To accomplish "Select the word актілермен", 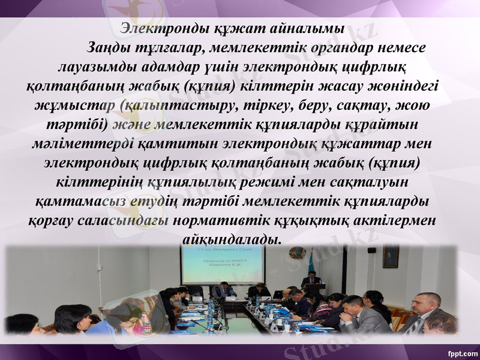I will click(390, 220).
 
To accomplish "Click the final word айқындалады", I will click(230, 239).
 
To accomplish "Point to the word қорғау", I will click(52, 220).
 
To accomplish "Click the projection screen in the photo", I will click(222, 264).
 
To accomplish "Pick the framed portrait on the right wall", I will click(391, 256).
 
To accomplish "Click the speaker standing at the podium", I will click(311, 280).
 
